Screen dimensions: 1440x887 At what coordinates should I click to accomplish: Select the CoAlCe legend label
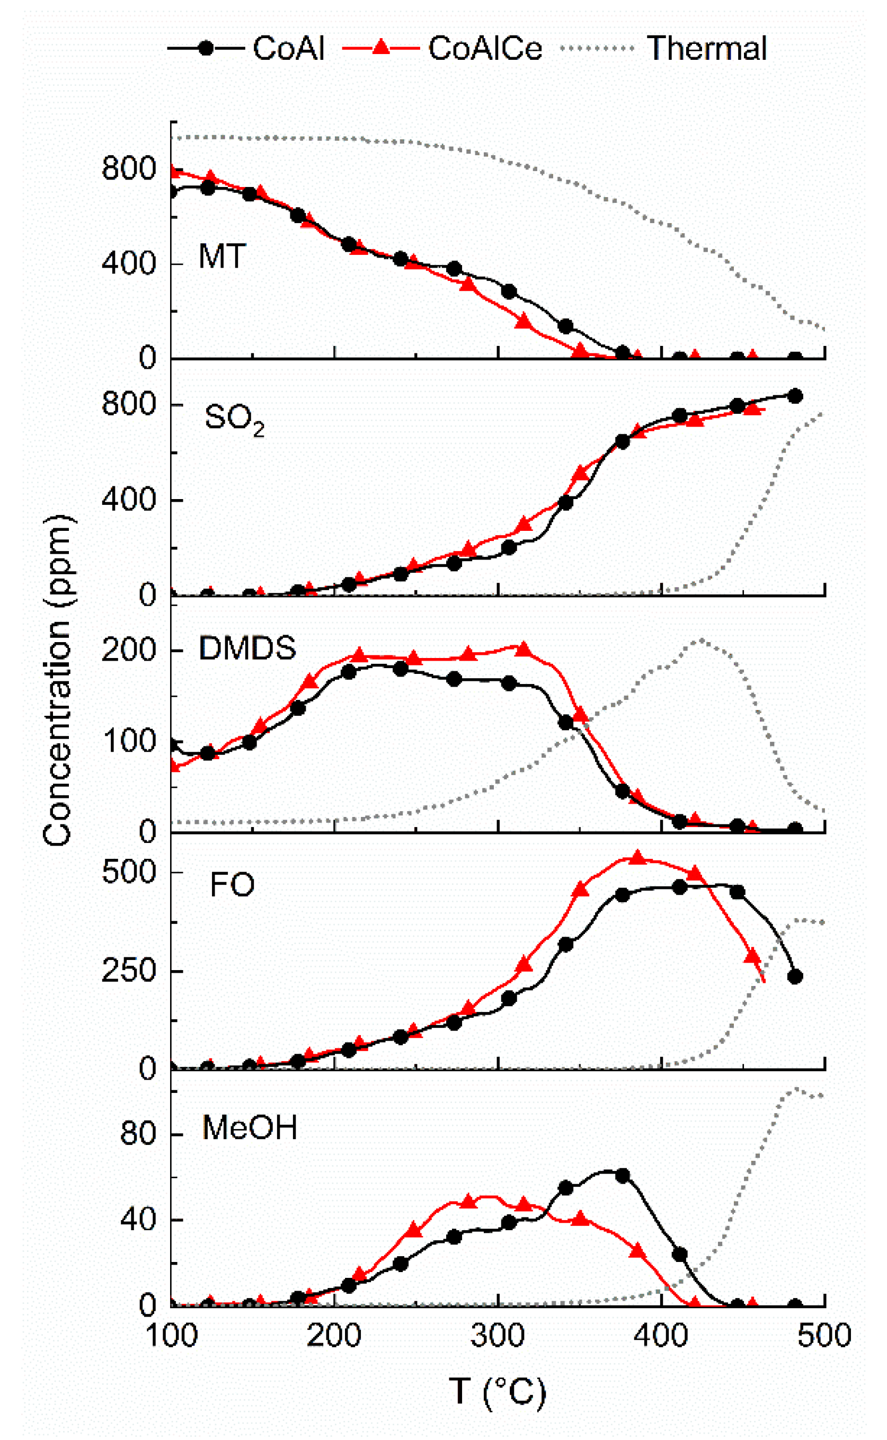coord(484,48)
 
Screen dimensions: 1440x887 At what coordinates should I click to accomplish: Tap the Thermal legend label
coord(707,48)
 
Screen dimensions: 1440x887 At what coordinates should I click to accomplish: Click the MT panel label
coord(221,256)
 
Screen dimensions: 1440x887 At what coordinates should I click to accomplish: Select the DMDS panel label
coord(247,648)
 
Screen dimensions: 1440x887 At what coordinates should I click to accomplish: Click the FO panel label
coord(232,885)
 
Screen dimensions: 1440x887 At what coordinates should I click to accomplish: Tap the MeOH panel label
coord(250,1127)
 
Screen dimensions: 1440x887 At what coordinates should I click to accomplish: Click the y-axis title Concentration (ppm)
coord(57,681)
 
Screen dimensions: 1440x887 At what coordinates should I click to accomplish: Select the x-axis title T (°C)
coord(498,1391)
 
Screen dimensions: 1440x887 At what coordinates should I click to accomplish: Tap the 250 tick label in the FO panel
coord(128,971)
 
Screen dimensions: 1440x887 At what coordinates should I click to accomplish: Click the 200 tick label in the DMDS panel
coord(128,651)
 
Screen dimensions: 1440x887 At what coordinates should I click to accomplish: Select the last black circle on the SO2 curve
coord(795,396)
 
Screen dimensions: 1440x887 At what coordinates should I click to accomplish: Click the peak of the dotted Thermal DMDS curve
coord(701,640)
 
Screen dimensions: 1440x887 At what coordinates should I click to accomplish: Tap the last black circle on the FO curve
coord(795,977)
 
